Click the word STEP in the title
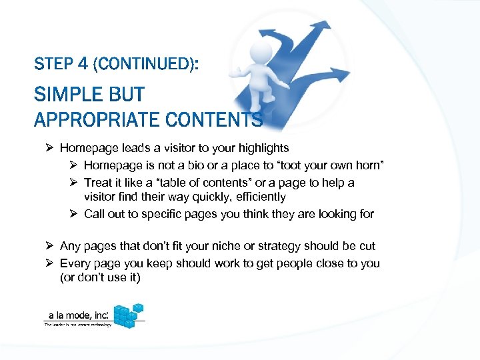(x=53, y=65)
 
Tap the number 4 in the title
(x=83, y=65)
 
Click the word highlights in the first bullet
(x=263, y=148)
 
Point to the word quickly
(x=202, y=197)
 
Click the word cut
(x=367, y=246)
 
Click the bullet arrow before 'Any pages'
(x=50, y=246)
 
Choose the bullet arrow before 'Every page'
(x=50, y=263)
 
